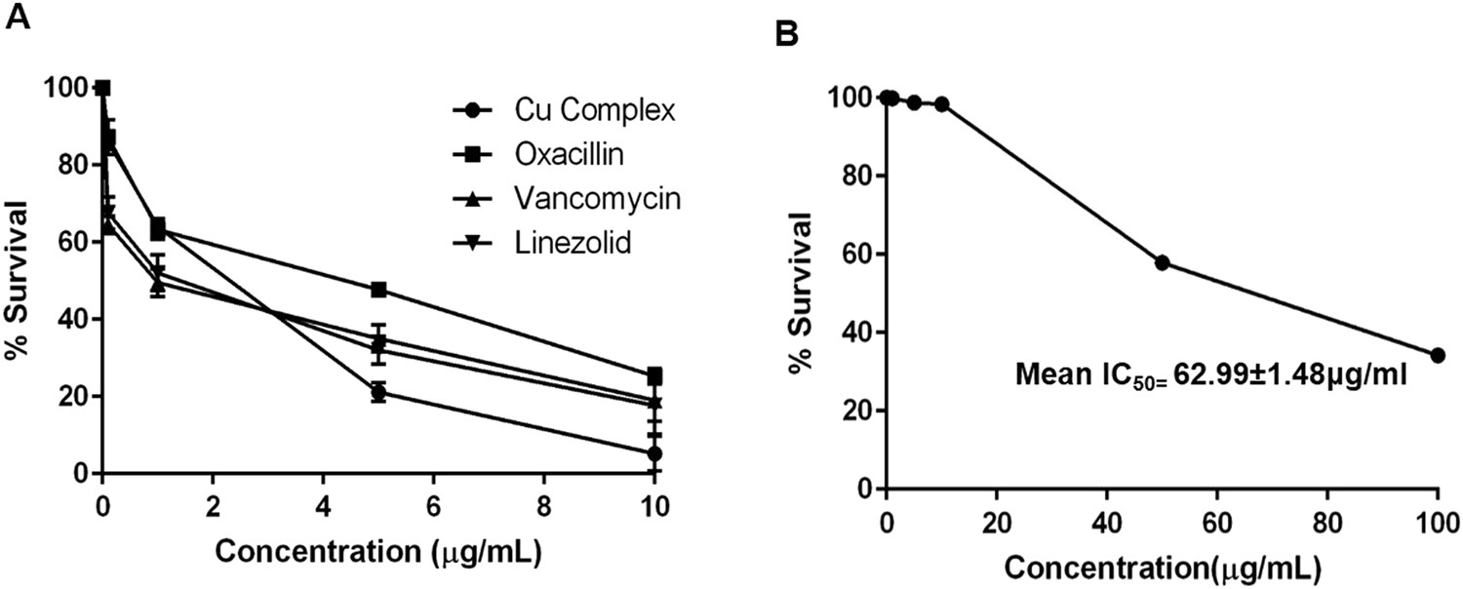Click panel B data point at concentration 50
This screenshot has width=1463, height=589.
1162,262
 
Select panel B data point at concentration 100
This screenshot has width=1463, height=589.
1438,355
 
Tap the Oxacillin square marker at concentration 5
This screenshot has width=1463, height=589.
378,290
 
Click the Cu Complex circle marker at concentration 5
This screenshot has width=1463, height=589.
378,393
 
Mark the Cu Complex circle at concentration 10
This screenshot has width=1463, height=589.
654,453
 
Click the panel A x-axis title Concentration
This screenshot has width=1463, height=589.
377,552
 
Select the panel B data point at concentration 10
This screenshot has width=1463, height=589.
941,104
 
